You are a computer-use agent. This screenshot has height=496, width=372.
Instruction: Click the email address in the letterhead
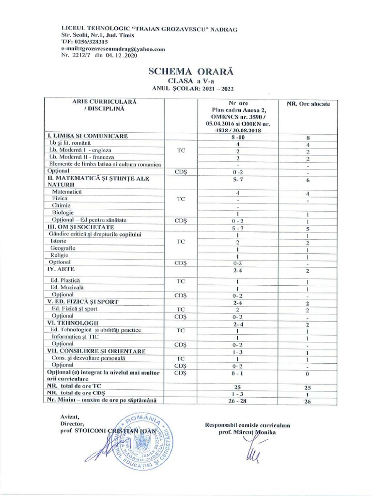[x=113, y=49]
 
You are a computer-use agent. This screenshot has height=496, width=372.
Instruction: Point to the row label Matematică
[x=66, y=192]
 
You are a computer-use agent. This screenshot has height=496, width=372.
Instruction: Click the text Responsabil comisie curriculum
[x=248, y=425]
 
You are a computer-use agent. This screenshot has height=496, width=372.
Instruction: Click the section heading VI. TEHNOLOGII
[x=73, y=323]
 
